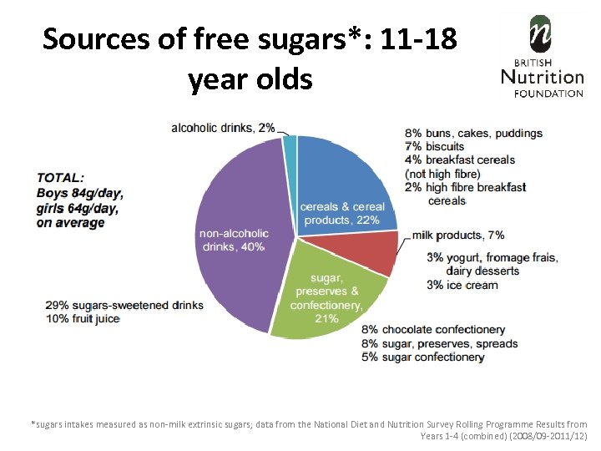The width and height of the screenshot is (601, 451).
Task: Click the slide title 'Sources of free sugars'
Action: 250,38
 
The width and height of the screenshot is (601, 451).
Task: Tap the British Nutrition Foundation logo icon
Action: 541,34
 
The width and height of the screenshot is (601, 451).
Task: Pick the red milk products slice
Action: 381,252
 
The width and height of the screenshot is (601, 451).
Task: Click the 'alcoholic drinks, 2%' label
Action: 223,128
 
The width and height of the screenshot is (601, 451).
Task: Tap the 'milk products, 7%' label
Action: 458,236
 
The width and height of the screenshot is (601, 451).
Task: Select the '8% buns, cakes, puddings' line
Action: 473,134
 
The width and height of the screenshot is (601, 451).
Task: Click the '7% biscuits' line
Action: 434,146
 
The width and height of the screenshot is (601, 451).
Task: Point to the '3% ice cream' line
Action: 462,285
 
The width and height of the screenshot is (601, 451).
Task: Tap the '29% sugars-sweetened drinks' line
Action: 124,305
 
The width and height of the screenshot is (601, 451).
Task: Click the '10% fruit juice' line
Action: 83,318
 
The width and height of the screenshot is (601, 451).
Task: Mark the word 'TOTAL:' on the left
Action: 60,178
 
